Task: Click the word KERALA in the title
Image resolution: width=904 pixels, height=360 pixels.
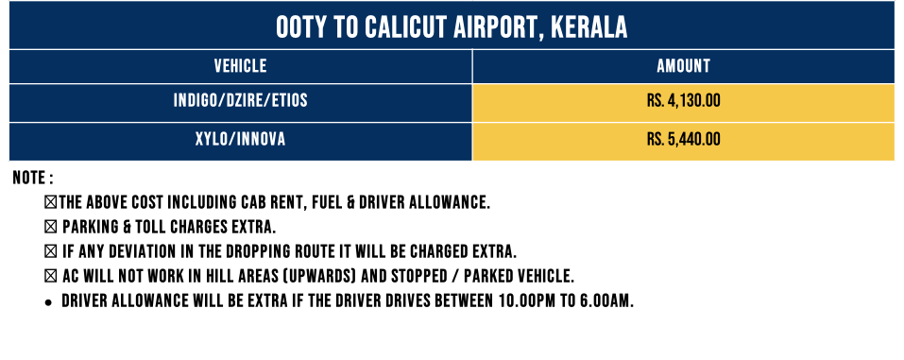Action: [x=588, y=27]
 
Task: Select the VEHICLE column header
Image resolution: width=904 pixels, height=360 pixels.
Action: [x=241, y=66]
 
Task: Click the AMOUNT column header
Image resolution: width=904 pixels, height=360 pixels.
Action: [x=683, y=66]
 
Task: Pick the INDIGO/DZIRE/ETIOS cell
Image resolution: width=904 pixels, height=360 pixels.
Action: [x=241, y=101]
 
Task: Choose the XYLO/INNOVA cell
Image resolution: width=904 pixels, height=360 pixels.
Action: [x=241, y=140]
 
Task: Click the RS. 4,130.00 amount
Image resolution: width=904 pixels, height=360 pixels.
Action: [x=683, y=101]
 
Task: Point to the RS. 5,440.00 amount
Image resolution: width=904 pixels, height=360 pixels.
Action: [x=683, y=140]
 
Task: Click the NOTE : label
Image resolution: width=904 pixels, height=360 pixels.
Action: [x=33, y=178]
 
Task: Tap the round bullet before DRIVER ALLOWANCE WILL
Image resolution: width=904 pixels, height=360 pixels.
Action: [x=49, y=302]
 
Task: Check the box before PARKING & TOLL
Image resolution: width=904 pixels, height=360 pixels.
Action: [x=51, y=228]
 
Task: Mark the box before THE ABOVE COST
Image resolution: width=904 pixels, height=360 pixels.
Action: [x=51, y=202]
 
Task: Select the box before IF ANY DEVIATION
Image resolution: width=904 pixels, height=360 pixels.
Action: [x=51, y=252]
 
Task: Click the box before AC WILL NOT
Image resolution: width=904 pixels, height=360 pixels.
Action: [x=51, y=277]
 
